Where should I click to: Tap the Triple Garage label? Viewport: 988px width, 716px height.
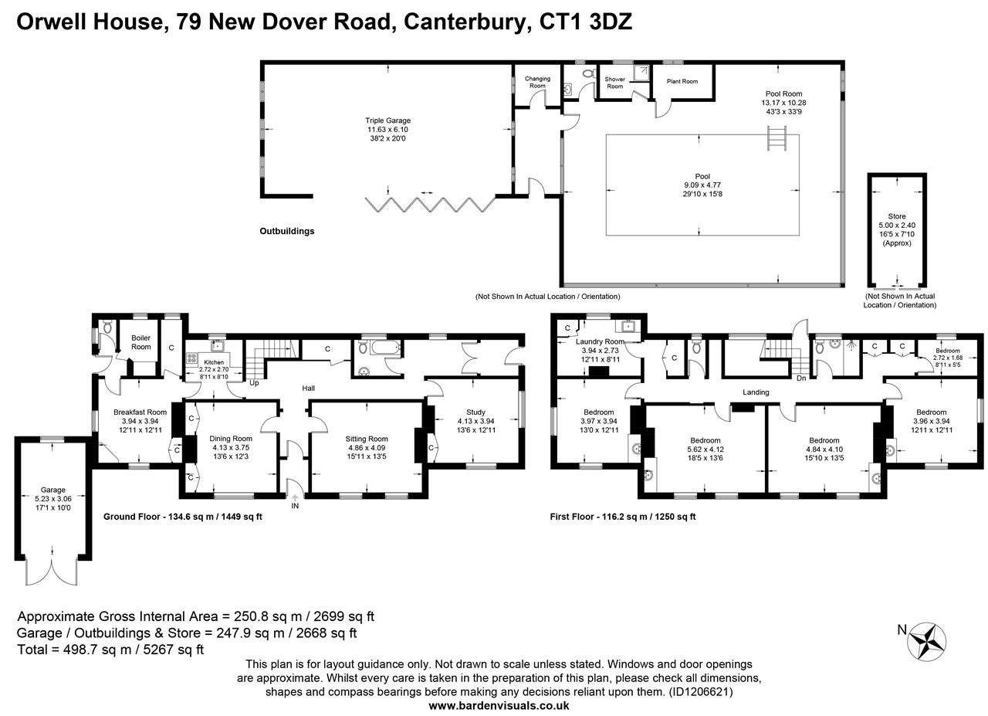[x=387, y=120]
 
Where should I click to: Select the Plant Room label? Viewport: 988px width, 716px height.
[x=682, y=81]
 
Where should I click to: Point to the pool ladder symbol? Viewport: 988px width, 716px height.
[x=777, y=138]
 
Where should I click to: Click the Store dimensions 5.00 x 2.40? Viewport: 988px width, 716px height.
[x=897, y=225]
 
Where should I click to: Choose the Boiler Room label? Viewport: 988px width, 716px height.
[x=140, y=342]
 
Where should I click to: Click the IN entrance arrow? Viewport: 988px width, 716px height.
[x=295, y=497]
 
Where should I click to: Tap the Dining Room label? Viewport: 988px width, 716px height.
[x=231, y=439]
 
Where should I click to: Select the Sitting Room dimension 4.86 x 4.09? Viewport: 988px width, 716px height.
[x=366, y=448]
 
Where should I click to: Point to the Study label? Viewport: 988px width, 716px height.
[x=475, y=412]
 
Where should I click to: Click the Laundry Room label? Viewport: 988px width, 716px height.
[x=600, y=341]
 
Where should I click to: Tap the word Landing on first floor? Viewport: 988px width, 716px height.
[x=756, y=392]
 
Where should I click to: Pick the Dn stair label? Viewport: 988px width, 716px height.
[x=801, y=378]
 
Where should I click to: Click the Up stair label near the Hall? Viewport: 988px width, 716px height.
[x=254, y=383]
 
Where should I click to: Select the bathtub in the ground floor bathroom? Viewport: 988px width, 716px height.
[x=385, y=348]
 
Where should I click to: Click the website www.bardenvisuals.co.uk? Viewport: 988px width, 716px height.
[x=499, y=705]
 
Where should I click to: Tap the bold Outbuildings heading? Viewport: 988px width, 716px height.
[x=286, y=231]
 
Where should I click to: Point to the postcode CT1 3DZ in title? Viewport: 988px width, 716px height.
[x=586, y=21]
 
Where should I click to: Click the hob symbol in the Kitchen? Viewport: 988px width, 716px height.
[x=191, y=358]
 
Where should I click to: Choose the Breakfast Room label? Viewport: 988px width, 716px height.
[x=140, y=412]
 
